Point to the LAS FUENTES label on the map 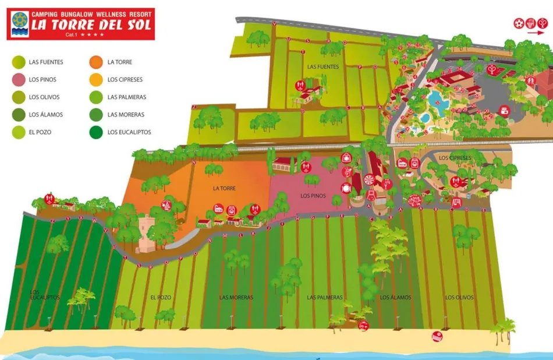tap(323, 67)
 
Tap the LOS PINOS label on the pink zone tap(313, 196)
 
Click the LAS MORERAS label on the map tap(236, 298)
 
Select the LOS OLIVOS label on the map tap(459, 298)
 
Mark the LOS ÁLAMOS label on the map tap(395, 298)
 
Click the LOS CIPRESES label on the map tap(455, 158)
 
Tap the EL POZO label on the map tap(161, 298)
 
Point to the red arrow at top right tap(533, 33)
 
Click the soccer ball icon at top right tap(518, 23)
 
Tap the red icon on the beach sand tap(436, 336)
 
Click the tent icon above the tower tap(166, 205)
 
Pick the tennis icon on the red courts tap(492, 69)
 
